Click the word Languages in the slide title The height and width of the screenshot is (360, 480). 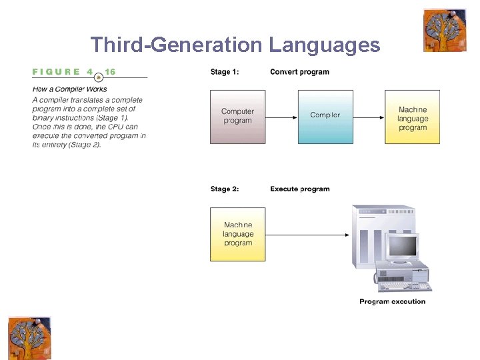tap(325, 45)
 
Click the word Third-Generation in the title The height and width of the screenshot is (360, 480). tap(177, 45)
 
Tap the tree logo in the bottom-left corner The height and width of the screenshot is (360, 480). tap(29, 338)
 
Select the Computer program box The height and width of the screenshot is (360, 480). tap(237, 116)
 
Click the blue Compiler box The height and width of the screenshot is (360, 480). tap(325, 116)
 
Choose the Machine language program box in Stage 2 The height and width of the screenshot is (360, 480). tap(237, 234)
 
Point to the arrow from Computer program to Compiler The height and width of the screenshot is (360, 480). tap(281, 117)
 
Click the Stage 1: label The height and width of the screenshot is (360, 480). tap(225, 72)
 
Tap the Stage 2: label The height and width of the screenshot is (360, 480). tap(225, 189)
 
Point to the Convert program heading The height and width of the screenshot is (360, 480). tap(299, 72)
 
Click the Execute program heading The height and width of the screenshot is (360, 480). tap(299, 189)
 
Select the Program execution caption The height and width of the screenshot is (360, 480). tap(392, 301)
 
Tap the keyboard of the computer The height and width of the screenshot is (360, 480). tap(405, 286)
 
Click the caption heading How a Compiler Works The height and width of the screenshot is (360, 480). tap(70, 89)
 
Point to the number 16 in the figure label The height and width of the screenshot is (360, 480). tap(110, 72)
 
